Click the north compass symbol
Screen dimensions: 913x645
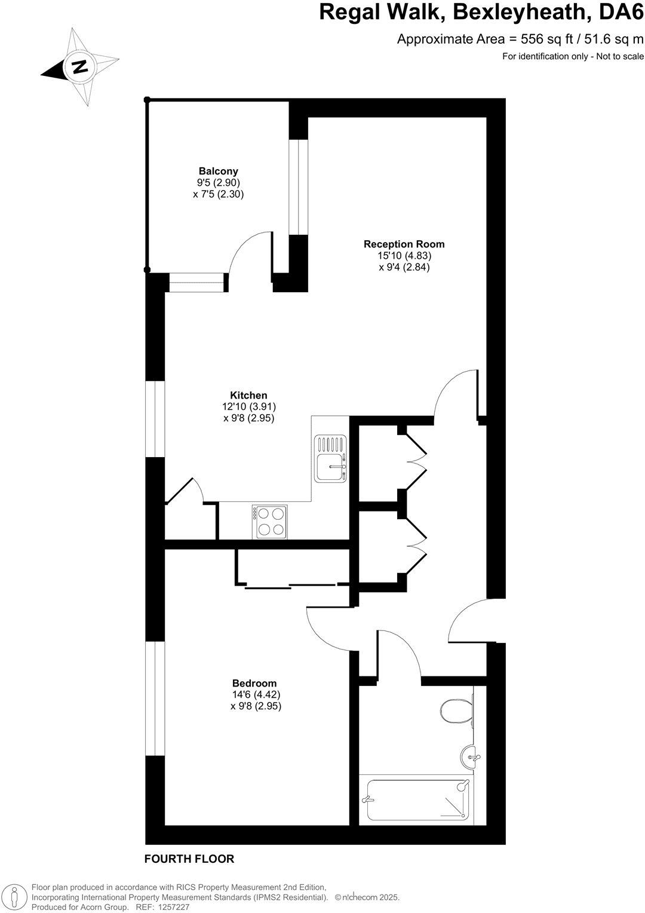point(78,67)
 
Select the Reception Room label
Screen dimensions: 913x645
point(404,244)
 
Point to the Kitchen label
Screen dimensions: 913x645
point(248,395)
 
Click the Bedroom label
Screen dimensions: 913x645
point(254,683)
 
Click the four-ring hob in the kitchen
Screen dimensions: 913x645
point(271,522)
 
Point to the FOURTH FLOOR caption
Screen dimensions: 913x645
point(189,859)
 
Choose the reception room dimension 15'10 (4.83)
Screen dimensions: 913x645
point(404,255)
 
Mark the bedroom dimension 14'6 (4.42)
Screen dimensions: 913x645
point(256,694)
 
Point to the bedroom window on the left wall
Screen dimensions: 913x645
point(155,698)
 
